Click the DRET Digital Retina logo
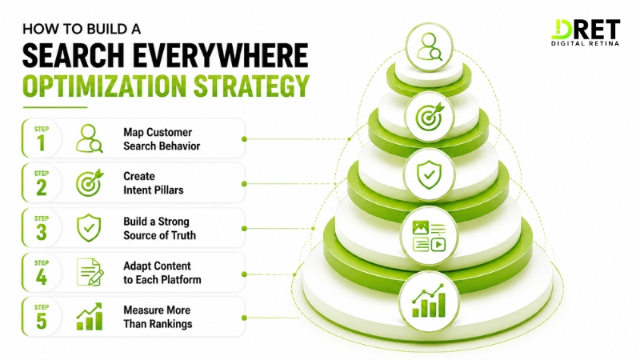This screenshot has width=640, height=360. [x=586, y=33]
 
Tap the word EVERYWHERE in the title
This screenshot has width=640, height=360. [x=221, y=55]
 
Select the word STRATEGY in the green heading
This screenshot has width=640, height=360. [x=251, y=86]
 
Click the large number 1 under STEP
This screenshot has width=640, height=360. [x=42, y=143]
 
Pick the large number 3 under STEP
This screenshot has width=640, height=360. [x=42, y=232]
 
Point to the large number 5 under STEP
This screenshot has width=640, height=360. [x=42, y=321]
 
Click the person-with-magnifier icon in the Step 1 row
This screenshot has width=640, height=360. [x=90, y=138]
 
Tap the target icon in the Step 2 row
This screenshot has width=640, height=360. [x=90, y=183]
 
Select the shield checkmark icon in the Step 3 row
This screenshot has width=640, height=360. [x=89, y=228]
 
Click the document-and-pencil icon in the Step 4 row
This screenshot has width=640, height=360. [x=90, y=272]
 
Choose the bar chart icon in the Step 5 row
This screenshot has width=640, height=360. [x=90, y=316]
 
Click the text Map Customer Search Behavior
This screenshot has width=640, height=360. [x=162, y=139]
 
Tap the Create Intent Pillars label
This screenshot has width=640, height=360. [x=153, y=183]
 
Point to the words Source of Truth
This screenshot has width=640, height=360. [x=159, y=235]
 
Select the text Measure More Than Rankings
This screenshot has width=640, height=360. [x=158, y=317]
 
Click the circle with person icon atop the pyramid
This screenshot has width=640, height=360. [x=429, y=47]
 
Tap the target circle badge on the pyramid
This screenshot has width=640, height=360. [x=429, y=116]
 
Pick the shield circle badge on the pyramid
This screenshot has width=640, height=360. [x=429, y=174]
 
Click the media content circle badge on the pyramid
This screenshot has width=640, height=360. [x=429, y=235]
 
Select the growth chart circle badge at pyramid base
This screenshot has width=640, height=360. [x=429, y=302]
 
